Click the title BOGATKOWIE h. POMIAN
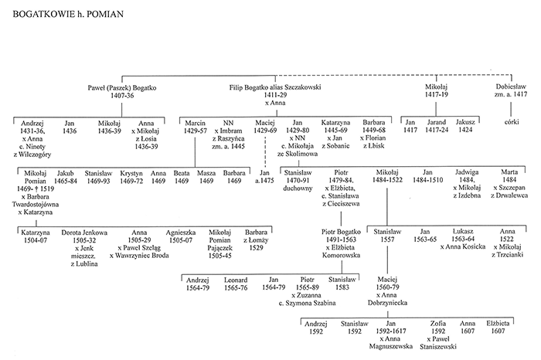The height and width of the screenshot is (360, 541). (x=68, y=14)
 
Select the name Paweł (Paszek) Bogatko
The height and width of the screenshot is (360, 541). (x=122, y=88)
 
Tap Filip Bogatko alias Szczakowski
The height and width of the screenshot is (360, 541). (x=275, y=87)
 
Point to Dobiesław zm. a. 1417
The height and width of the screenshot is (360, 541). (x=511, y=90)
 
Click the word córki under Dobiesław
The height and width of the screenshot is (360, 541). (x=512, y=122)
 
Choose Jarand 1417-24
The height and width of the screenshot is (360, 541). (x=437, y=126)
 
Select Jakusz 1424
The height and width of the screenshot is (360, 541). (x=465, y=126)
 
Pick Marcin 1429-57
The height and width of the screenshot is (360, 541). (x=196, y=127)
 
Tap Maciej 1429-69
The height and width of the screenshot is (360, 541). (x=265, y=127)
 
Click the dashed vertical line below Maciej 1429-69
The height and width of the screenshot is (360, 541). (x=265, y=151)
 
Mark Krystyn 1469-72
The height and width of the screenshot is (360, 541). (x=131, y=177)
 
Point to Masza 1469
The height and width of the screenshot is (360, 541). (x=206, y=177)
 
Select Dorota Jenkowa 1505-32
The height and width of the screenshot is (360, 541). (x=84, y=236)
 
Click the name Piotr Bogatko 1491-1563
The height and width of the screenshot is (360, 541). (x=341, y=236)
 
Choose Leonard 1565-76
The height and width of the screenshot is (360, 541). (x=236, y=284)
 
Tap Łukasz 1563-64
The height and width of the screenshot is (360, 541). (x=463, y=235)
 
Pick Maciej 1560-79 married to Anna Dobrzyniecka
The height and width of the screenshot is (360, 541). (x=387, y=291)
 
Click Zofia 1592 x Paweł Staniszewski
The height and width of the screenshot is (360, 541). (x=438, y=335)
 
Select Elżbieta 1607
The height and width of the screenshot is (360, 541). (x=498, y=328)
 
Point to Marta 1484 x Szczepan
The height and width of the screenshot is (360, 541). (x=509, y=183)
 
